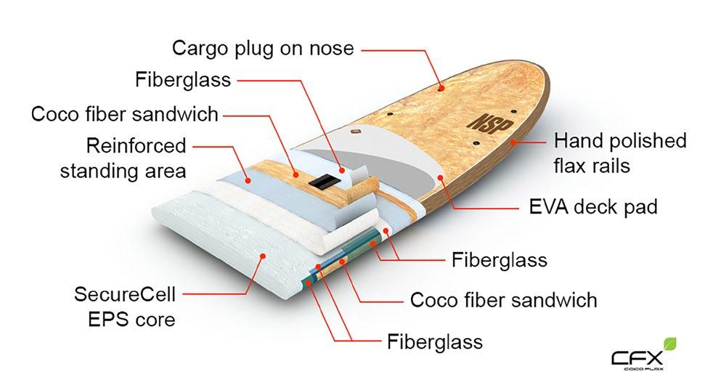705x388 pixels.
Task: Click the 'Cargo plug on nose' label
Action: pos(263,49)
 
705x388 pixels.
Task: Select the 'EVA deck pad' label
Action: pos(593,207)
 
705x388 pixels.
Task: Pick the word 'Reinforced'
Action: pos(136,145)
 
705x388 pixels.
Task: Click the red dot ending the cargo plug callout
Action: pos(441,86)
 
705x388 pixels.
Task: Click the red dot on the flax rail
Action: pos(514,143)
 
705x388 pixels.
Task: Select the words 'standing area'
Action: pos(123,171)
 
